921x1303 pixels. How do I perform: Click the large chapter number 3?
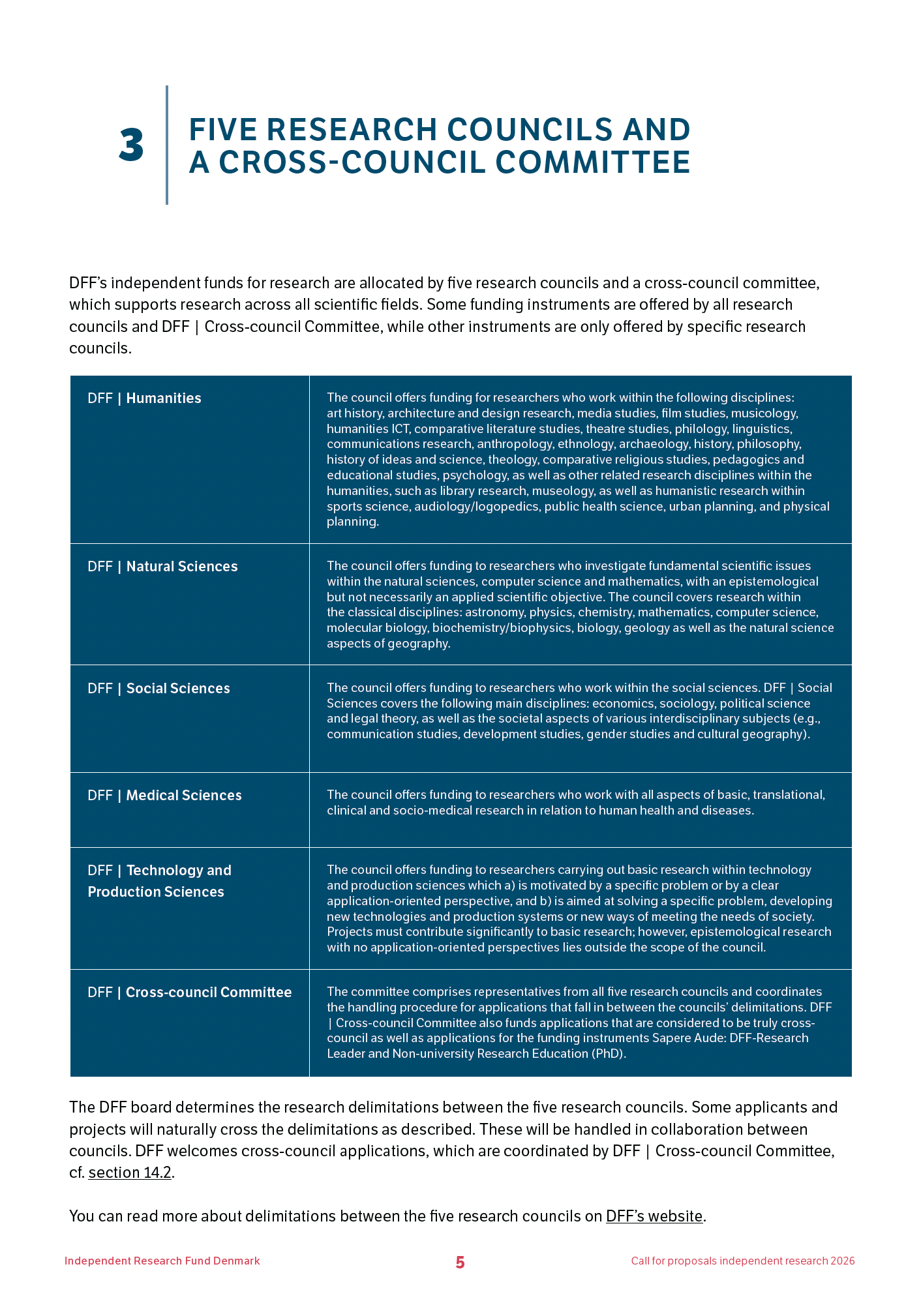point(132,145)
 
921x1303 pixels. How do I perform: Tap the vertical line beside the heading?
point(167,145)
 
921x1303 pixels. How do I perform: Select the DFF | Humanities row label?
point(144,398)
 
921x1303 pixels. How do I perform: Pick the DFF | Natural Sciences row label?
point(162,567)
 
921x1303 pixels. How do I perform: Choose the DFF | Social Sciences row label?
point(159,689)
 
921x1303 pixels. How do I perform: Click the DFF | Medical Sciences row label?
point(164,796)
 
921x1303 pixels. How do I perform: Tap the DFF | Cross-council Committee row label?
point(189,993)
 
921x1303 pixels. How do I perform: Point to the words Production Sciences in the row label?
point(156,892)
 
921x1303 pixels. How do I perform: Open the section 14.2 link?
point(130,1173)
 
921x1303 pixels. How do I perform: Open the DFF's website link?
point(654,1216)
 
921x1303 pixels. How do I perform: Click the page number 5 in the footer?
point(460,1263)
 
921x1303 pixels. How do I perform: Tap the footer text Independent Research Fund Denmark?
point(162,1261)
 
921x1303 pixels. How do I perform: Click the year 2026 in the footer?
point(842,1261)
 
